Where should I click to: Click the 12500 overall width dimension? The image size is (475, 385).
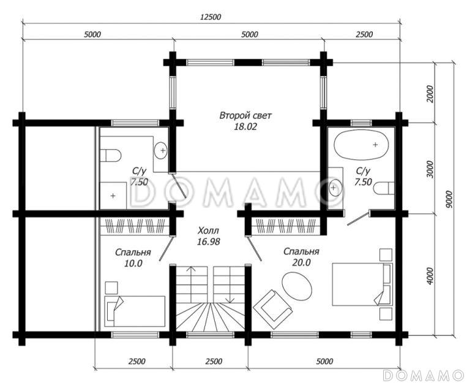click(211, 17)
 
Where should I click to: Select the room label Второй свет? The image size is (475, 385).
click(245, 116)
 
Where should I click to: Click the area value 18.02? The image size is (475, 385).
click(245, 127)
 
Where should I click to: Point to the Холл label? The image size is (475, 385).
click(208, 231)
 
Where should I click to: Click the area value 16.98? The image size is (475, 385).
click(208, 242)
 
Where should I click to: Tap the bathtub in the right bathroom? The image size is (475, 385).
click(361, 145)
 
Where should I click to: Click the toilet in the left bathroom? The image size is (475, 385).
click(111, 155)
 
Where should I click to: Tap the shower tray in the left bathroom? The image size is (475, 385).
click(113, 196)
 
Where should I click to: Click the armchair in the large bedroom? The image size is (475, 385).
click(272, 309)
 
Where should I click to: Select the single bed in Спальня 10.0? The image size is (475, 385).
click(135, 311)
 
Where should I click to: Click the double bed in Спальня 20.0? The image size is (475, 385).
click(362, 284)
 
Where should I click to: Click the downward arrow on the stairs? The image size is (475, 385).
click(230, 285)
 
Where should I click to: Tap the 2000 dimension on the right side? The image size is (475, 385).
click(430, 94)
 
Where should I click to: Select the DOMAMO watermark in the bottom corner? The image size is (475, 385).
click(423, 375)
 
